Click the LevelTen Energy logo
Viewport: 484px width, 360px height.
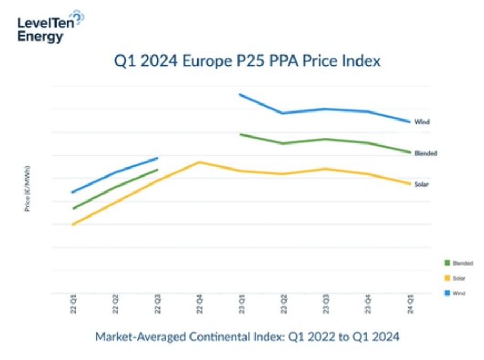(51, 26)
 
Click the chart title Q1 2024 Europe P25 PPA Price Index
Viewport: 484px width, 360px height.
(248, 61)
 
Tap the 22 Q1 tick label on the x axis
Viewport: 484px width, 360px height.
(73, 305)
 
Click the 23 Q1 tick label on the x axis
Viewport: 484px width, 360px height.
(241, 305)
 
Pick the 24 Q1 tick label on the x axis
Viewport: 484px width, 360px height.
(410, 305)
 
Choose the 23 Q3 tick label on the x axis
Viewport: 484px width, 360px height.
(326, 305)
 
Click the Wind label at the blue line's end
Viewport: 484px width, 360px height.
(422, 122)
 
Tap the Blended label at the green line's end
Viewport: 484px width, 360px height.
(425, 153)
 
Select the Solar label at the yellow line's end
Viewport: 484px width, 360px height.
(422, 185)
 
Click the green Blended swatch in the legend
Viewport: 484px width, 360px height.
(446, 262)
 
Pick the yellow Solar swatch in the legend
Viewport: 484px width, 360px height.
(446, 277)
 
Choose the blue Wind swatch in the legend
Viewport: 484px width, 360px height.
(446, 293)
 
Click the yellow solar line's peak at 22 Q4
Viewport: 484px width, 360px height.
(199, 162)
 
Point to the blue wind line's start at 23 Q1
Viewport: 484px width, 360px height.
(240, 94)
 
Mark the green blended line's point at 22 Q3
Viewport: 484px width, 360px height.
(157, 170)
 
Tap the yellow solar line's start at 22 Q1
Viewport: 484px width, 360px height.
(73, 225)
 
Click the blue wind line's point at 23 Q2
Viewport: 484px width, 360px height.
(282, 113)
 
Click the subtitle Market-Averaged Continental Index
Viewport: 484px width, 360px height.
(247, 337)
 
